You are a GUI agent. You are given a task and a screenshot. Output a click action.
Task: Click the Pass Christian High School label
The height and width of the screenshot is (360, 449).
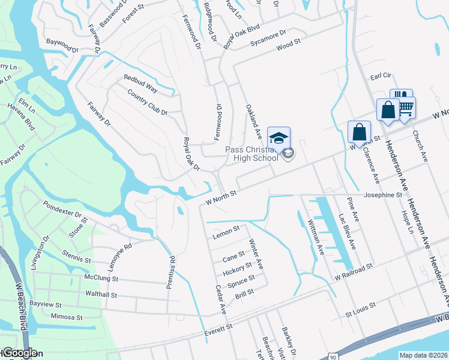click(x=252, y=153)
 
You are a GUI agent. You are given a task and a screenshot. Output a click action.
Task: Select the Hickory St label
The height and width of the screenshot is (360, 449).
click(x=237, y=269)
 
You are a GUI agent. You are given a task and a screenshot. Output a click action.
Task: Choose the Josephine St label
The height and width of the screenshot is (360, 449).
click(x=382, y=196)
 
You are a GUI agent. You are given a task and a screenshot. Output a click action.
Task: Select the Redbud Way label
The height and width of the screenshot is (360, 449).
click(x=140, y=83)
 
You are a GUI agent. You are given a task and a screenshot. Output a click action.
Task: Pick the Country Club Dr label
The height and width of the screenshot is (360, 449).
click(x=147, y=102)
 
